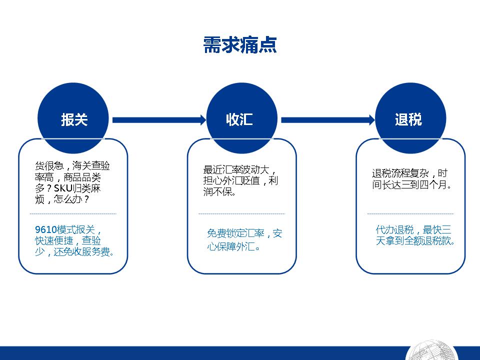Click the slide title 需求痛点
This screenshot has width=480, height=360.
(x=240, y=45)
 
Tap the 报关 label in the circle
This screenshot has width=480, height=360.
(x=74, y=119)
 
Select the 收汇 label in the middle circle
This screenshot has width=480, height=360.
(x=239, y=119)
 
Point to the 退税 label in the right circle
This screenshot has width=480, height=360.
(x=408, y=119)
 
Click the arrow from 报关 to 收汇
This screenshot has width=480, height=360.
(x=159, y=120)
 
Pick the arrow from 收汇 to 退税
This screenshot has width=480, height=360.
(x=328, y=120)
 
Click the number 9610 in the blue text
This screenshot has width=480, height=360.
(x=45, y=229)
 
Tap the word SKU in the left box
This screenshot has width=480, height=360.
(x=63, y=188)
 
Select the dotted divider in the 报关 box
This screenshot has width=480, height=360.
(x=73, y=213)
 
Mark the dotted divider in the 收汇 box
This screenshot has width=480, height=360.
(x=242, y=213)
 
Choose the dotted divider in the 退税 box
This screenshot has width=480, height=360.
(x=410, y=213)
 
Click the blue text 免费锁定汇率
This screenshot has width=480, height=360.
(x=235, y=233)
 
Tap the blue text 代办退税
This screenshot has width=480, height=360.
(x=394, y=229)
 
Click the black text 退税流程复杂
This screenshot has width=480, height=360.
(x=400, y=173)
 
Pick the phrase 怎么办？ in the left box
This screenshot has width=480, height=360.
(x=71, y=199)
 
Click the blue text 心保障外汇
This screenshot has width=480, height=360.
(x=230, y=246)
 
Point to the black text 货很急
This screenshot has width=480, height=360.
(x=49, y=166)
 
